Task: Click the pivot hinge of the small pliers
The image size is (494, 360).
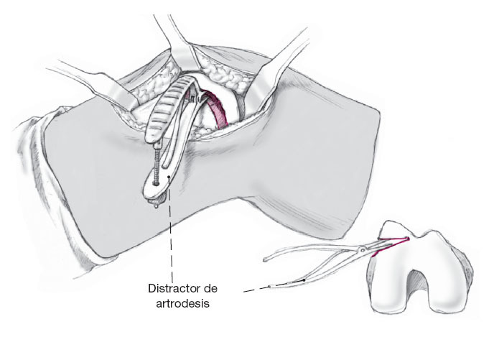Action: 365,249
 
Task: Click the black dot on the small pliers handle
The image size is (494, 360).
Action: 304,278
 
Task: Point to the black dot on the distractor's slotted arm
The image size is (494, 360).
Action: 168,173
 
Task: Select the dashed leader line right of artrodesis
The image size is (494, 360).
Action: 255,289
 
